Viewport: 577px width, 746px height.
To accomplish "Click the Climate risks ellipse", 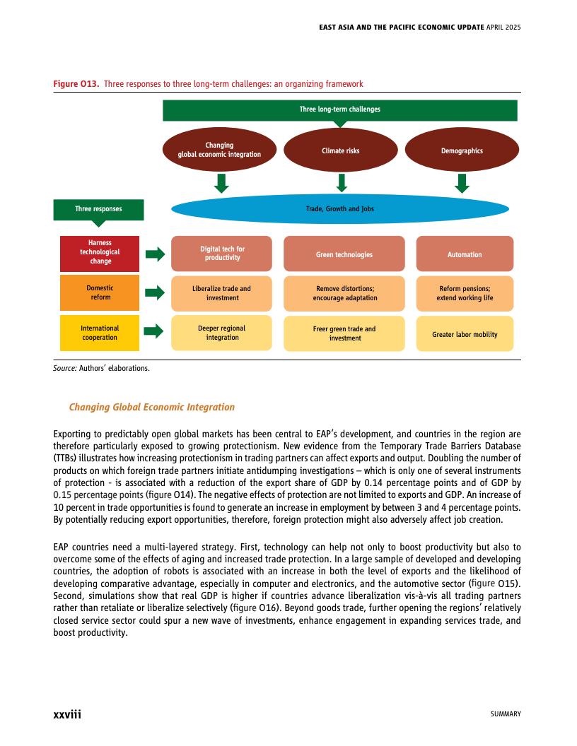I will click(x=341, y=150).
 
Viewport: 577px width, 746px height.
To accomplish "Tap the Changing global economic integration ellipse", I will click(x=219, y=150).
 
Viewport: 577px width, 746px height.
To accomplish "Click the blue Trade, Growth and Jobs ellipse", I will click(x=340, y=209).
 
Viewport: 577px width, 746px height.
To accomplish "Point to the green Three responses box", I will click(x=98, y=209).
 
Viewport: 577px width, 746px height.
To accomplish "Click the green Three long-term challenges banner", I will click(x=340, y=110).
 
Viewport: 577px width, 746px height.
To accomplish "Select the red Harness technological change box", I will click(x=100, y=252).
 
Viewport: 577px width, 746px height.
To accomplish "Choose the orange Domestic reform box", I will click(x=100, y=292).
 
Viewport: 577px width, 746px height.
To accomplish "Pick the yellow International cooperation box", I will click(x=100, y=333).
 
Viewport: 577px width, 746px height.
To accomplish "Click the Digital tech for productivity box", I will click(x=221, y=254).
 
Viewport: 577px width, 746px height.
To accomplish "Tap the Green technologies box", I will click(x=344, y=254).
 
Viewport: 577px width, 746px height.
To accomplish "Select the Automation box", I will click(x=465, y=254).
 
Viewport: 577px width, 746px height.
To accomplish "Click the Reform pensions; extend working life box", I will click(x=465, y=293).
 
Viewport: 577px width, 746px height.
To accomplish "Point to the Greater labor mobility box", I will click(x=465, y=334).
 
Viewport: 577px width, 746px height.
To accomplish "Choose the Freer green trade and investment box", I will click(x=344, y=333).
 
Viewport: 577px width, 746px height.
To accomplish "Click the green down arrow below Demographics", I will click(x=462, y=184).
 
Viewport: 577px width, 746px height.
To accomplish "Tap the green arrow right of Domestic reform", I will click(x=155, y=293).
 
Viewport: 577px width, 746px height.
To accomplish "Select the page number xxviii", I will click(x=68, y=714).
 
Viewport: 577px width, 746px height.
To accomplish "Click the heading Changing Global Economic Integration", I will click(x=151, y=407).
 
